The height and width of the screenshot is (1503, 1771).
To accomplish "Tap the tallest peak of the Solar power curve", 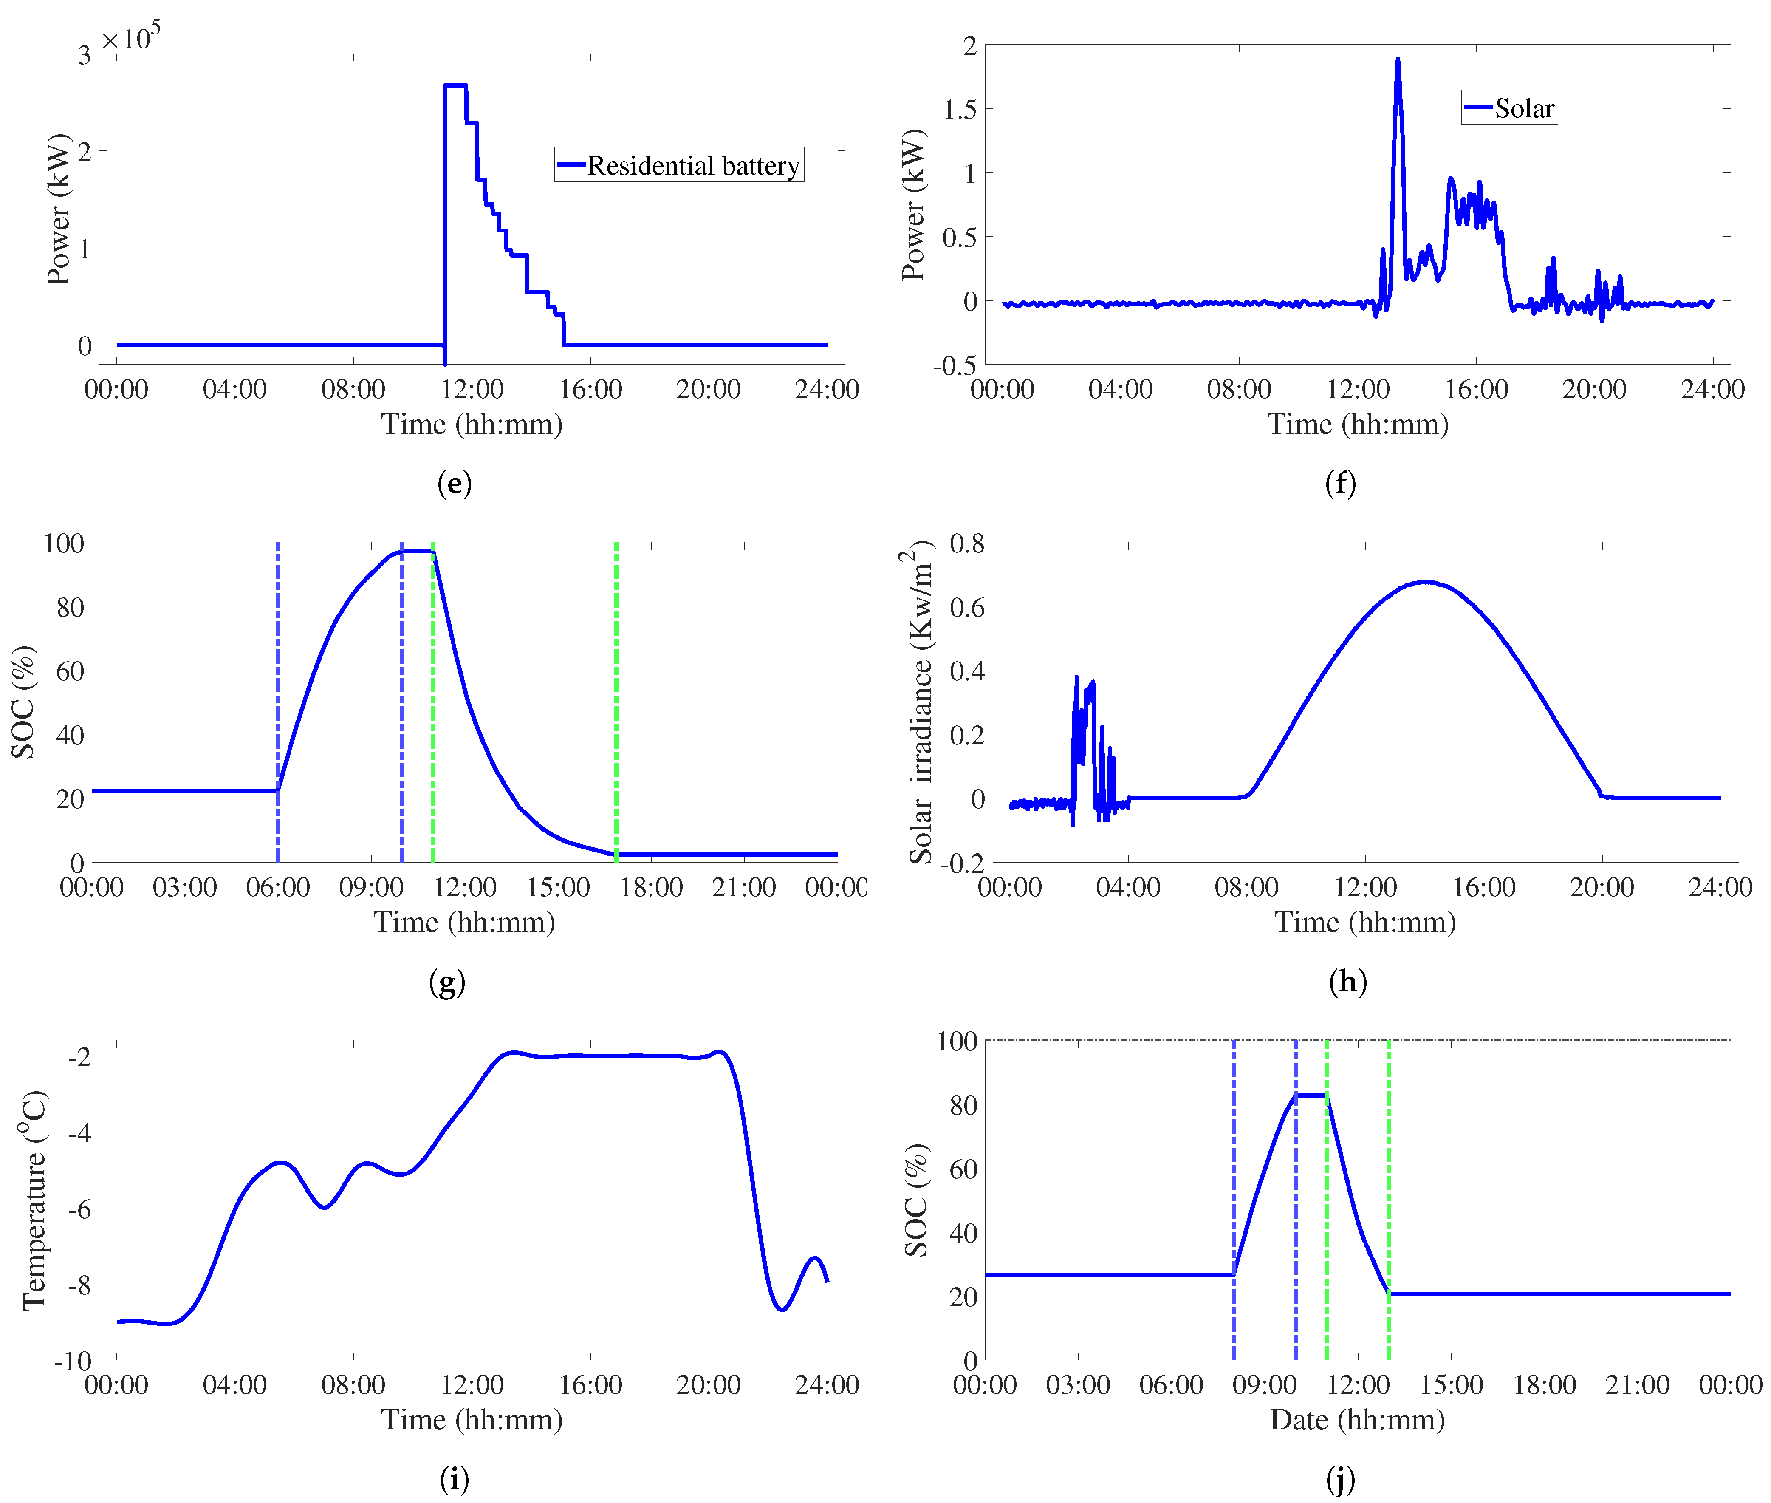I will tap(1397, 59).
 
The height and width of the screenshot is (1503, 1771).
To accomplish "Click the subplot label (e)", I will tap(454, 484).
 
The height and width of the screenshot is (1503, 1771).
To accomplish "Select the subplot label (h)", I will tap(1347, 982).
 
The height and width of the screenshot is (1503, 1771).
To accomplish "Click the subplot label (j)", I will tap(1340, 1480).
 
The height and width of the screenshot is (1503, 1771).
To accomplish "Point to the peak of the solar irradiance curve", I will tap(1425, 582).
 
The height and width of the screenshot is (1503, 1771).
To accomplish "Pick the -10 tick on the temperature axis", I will tap(72, 1361).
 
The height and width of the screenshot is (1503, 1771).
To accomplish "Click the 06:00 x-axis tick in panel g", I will tap(278, 888).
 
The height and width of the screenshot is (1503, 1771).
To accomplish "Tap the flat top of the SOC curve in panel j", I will tap(1311, 1095).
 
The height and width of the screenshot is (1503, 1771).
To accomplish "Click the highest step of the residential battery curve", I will tap(455, 85).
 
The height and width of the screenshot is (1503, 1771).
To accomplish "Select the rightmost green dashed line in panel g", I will tap(616, 699).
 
